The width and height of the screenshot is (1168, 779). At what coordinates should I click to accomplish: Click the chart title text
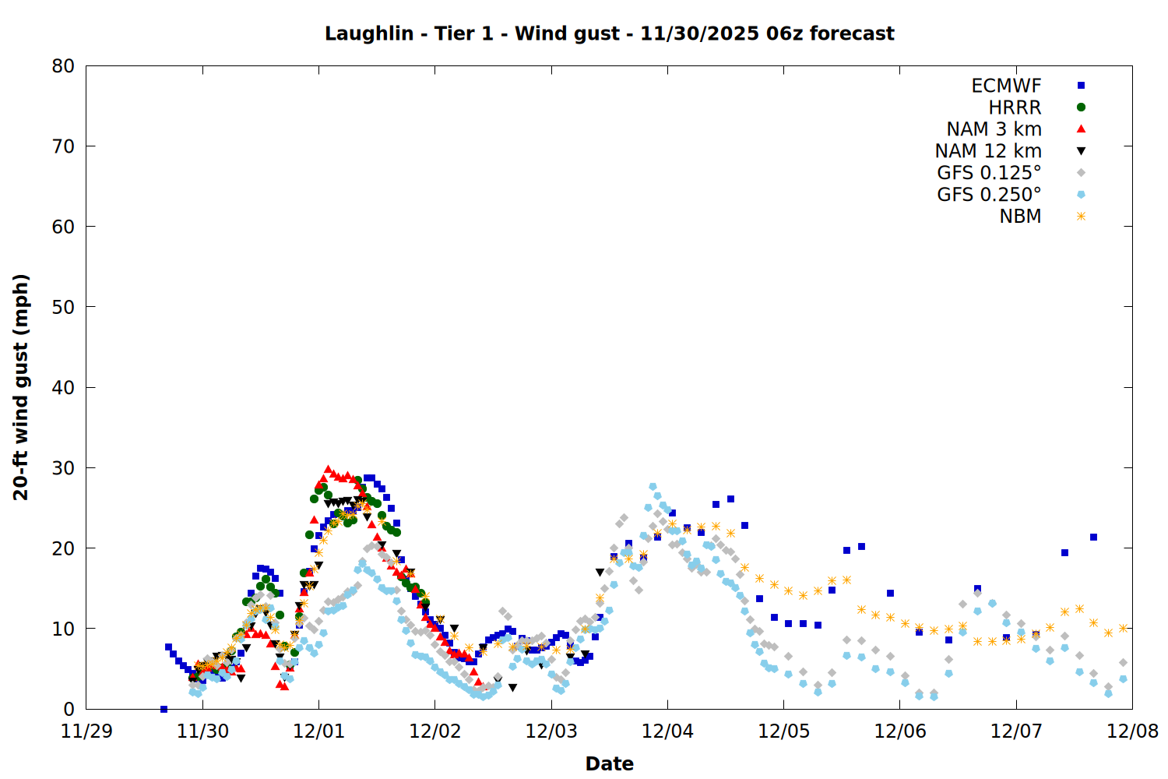coord(609,33)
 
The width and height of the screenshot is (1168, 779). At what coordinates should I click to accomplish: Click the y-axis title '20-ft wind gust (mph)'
coord(21,387)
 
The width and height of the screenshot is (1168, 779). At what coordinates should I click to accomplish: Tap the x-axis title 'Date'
coord(609,763)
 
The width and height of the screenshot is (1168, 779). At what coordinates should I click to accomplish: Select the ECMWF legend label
coord(1006,86)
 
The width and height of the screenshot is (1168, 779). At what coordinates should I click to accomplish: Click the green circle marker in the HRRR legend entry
coord(1081,108)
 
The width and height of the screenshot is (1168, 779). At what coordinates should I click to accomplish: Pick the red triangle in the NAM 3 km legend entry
coord(1081,129)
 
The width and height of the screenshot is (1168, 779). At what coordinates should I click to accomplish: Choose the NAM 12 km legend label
coord(988,151)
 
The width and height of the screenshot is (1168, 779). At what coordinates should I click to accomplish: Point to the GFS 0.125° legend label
coord(989,173)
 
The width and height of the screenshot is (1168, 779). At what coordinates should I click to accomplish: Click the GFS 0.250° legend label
coord(989,195)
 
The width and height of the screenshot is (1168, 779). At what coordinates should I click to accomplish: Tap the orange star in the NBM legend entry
coord(1081,217)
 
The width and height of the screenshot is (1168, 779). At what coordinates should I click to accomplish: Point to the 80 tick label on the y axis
coord(63,66)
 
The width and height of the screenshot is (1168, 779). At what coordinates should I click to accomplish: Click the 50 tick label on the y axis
coord(63,307)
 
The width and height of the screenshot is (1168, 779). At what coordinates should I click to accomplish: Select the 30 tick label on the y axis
coord(63,468)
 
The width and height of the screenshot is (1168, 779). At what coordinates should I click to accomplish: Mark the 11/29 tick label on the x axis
coord(86,731)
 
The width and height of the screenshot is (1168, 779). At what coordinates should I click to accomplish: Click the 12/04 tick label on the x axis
coord(667,731)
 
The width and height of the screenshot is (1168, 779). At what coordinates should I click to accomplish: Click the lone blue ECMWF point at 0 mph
coord(164,709)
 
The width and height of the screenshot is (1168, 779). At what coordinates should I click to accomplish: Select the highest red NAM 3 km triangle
coord(328,469)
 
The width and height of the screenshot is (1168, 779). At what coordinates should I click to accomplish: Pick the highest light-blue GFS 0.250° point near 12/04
coord(653,487)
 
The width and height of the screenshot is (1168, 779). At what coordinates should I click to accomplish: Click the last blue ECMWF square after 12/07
coord(1093,537)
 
